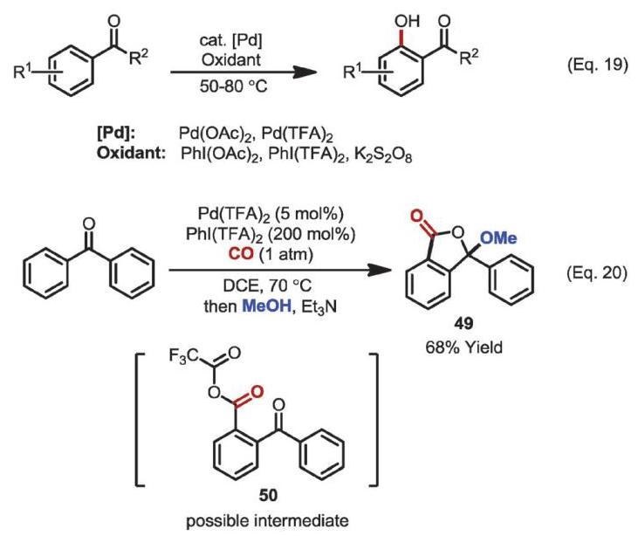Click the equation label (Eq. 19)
coord(598,65)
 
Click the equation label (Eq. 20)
coord(597,272)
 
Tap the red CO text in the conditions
coord(241,253)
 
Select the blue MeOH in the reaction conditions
coord(267,306)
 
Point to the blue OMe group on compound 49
coord(498,237)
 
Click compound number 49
coord(463,324)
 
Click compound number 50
coord(269,495)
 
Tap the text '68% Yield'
coord(463,347)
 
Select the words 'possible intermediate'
coord(267,521)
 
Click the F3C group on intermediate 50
coord(183,357)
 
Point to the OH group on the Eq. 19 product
coord(407,21)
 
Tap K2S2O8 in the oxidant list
coord(383,155)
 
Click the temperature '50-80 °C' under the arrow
coord(234,86)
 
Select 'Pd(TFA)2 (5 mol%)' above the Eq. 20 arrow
coord(271,214)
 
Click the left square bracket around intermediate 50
coord(140,420)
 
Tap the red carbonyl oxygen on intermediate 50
coord(256,391)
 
